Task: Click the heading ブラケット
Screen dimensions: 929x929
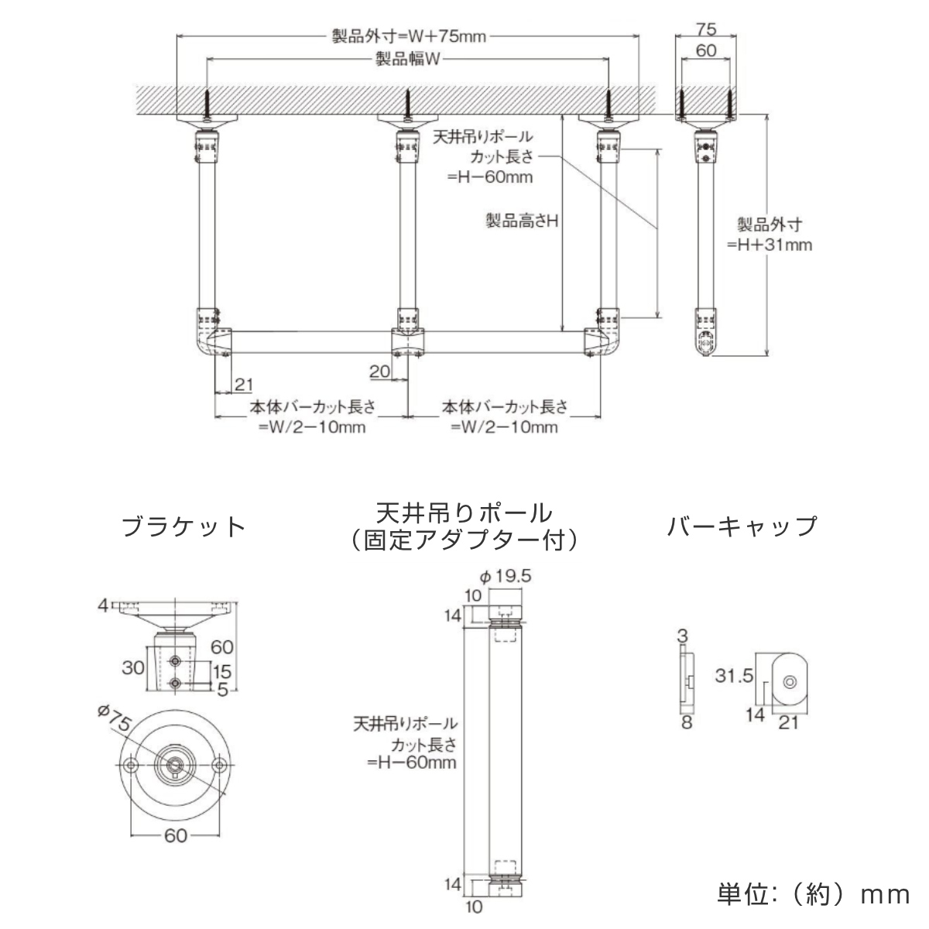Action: point(184,527)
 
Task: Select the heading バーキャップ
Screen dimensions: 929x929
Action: point(742,526)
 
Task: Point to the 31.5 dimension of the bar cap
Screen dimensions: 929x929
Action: point(734,676)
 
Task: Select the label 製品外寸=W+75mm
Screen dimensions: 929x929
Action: point(409,36)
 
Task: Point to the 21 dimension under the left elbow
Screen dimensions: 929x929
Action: point(243,385)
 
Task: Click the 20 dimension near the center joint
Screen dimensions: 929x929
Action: point(379,372)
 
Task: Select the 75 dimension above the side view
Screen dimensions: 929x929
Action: point(705,29)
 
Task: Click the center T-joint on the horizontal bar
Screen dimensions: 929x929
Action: point(408,342)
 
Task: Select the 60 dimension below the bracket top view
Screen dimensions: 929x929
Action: point(176,836)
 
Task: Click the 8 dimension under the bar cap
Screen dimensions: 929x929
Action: point(686,723)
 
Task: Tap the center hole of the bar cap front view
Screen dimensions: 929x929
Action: point(789,682)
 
